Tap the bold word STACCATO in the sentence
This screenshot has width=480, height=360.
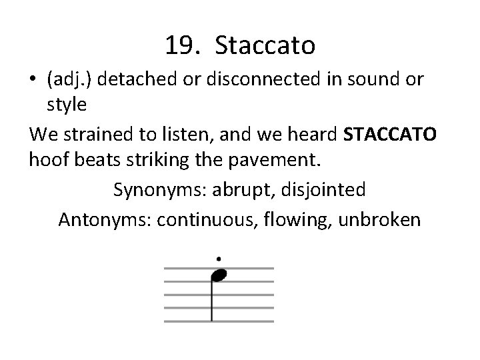click(x=389, y=136)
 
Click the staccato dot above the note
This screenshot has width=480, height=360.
click(x=218, y=258)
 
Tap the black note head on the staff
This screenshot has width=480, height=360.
click(x=219, y=274)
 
